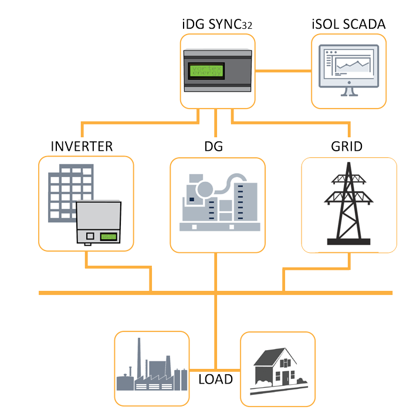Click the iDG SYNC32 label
(x=218, y=25)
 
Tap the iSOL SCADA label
(x=348, y=25)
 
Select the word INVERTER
(x=82, y=146)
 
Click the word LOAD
(x=215, y=379)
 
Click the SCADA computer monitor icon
(x=348, y=67)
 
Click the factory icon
(x=151, y=370)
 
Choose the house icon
(x=276, y=367)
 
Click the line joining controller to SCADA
(x=283, y=71)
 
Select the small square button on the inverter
(x=90, y=235)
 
